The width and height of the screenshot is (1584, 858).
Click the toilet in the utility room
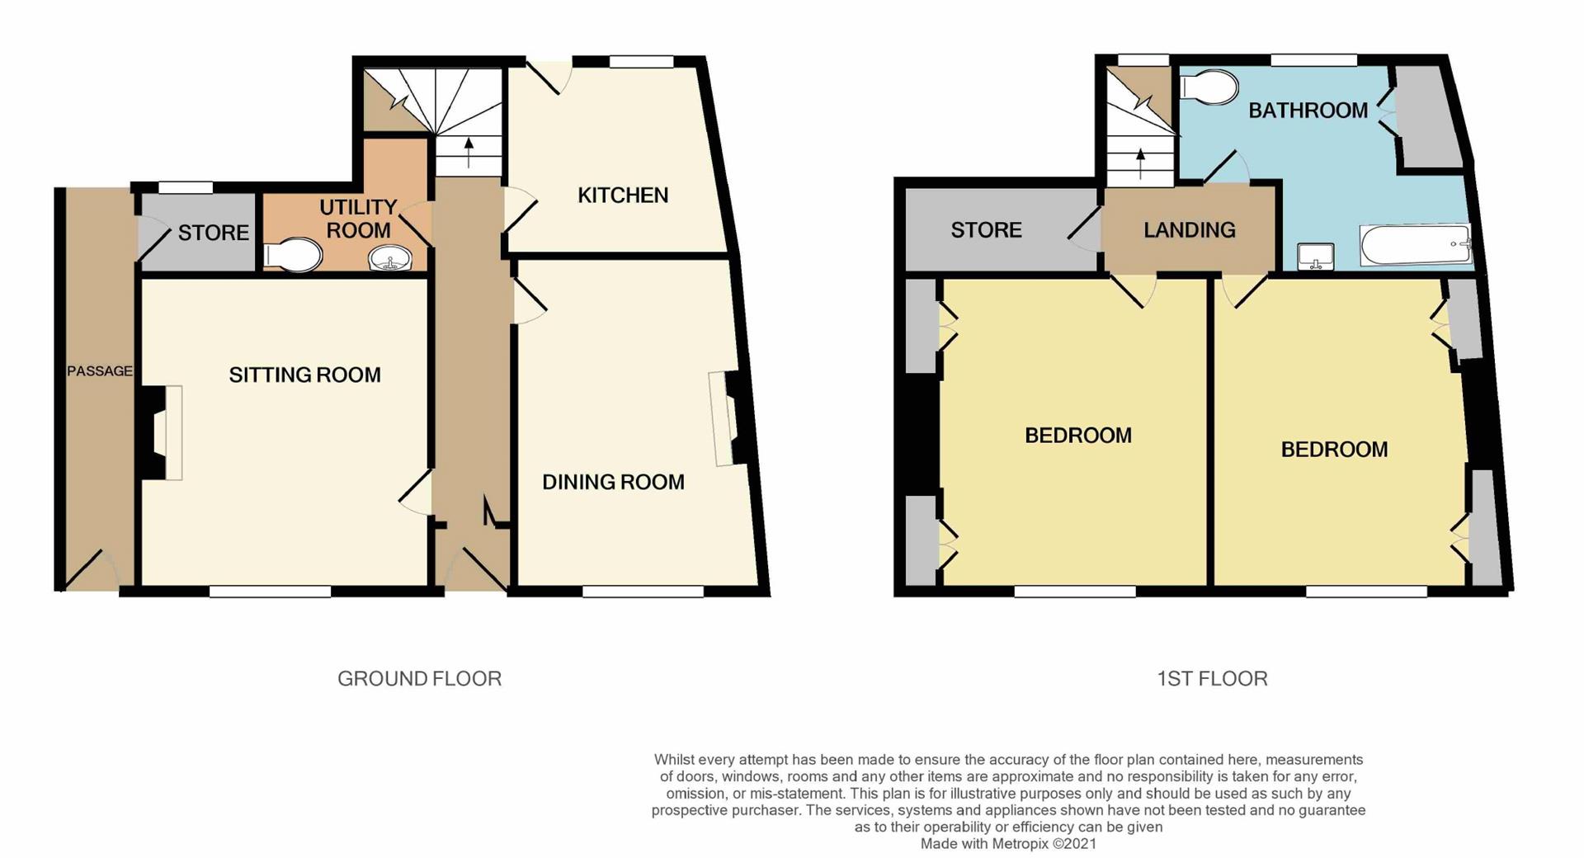[x=292, y=256]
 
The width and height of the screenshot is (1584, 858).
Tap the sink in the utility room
[x=390, y=259]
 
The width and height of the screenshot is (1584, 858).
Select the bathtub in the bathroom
[x=1415, y=245]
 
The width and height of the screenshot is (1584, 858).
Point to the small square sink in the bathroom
[x=1315, y=257]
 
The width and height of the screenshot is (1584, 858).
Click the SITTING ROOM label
[x=304, y=375]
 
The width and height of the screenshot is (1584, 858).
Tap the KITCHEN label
[x=623, y=196]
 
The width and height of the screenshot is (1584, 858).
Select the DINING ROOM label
[x=613, y=483]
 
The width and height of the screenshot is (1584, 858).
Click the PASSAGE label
[x=100, y=371]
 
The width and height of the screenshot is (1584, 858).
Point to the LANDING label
[x=1189, y=230]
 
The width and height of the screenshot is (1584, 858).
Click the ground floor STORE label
[x=213, y=233]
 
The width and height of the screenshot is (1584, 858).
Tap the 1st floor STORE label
[x=986, y=230]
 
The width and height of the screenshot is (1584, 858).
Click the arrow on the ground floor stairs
[x=469, y=153]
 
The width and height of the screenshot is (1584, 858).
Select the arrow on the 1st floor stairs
[x=1141, y=163]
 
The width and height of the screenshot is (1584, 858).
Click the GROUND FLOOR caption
[x=419, y=679]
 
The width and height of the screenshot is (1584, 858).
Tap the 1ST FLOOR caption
[x=1212, y=679]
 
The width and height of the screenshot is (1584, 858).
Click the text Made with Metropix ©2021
[x=1008, y=844]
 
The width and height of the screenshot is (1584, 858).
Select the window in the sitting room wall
[x=270, y=592]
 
